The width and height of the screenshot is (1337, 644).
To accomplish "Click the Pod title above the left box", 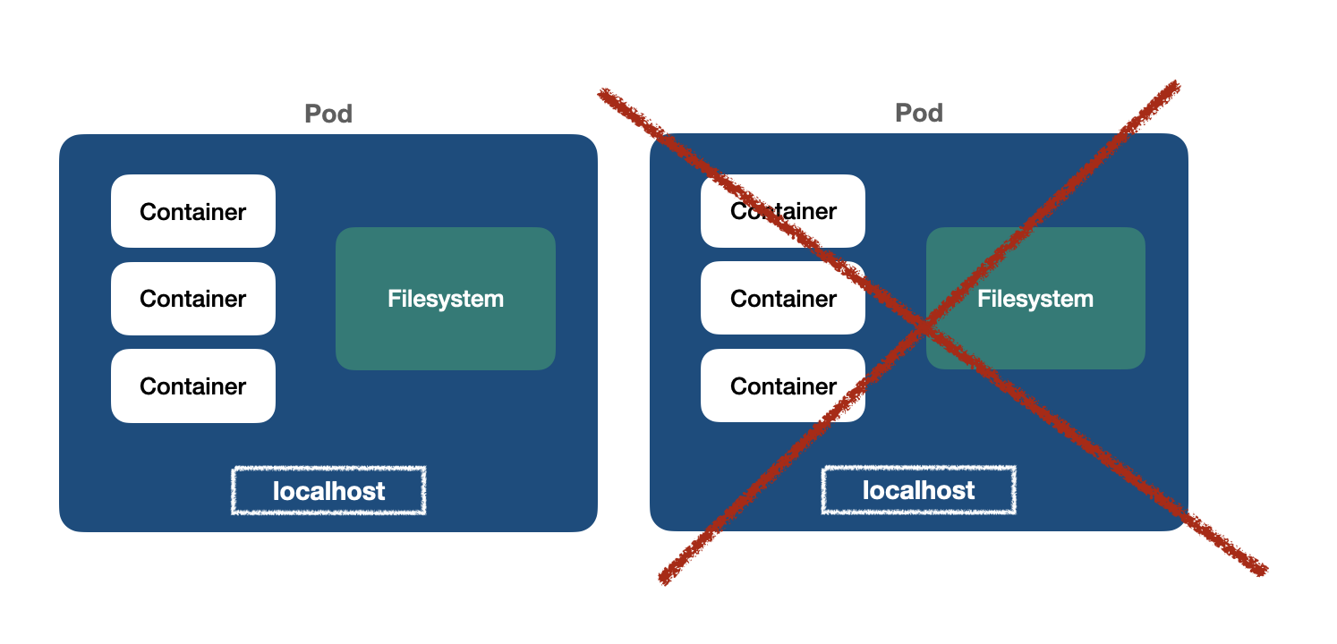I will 328,114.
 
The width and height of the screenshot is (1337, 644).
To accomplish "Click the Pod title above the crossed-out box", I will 919,113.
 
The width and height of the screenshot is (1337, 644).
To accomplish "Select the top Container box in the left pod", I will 193,211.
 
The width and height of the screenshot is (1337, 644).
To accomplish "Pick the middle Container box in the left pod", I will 193,299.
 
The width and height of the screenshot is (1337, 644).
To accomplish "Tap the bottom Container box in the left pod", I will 193,386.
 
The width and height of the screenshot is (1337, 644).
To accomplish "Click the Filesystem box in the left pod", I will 446,298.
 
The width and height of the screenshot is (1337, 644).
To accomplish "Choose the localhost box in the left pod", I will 328,490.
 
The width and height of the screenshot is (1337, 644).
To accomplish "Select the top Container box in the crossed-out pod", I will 783,211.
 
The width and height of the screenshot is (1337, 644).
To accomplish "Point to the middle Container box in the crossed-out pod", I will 783,299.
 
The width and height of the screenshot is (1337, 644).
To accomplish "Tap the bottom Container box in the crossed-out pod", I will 783,386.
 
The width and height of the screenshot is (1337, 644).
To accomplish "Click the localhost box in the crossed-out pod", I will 919,490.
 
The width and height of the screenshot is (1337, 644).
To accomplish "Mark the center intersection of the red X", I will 925,326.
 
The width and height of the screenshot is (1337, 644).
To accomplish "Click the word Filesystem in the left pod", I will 446,298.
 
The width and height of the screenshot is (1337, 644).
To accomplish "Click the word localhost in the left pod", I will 328,491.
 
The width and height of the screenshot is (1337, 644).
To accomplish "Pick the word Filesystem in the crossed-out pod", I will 1035,298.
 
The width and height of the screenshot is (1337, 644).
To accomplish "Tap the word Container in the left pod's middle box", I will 193,299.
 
